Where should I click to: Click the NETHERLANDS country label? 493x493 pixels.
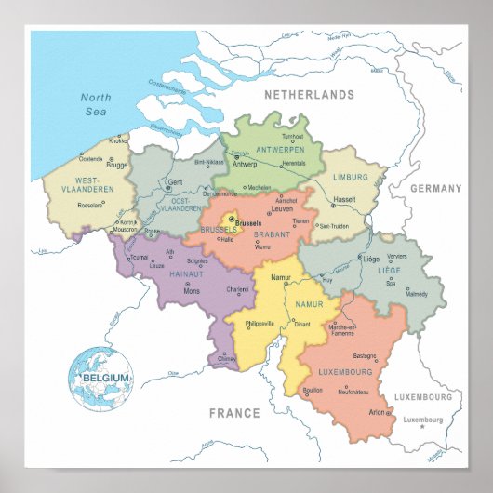pos(310,95)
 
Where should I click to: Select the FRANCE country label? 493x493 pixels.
pos(234,413)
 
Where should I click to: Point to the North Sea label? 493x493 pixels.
pos(96,104)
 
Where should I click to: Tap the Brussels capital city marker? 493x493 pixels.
pos(233,219)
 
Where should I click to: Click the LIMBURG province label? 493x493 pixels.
pos(351,177)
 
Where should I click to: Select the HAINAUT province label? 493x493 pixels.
pos(186,273)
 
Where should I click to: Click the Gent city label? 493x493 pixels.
pos(175,182)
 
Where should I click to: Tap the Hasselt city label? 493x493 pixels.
pos(345,199)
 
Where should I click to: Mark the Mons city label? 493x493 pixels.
pos(192,291)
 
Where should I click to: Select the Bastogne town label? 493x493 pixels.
pos(365,355)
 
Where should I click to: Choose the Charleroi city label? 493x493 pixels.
pos(237,289)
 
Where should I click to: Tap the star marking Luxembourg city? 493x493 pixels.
pos(421,427)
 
